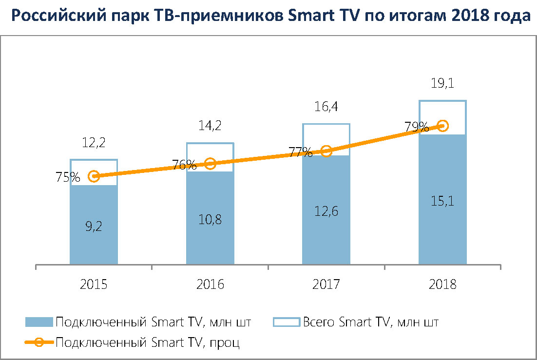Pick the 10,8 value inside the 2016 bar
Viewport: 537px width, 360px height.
(210, 219)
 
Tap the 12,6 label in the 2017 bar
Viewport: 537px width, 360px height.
(326, 211)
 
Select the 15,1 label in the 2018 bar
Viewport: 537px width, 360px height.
(442, 200)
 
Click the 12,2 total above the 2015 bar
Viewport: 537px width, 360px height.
(94, 143)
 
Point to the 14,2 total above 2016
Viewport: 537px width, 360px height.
(210, 126)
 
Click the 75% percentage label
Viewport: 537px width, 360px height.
(68, 177)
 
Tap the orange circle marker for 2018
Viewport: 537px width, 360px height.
(442, 126)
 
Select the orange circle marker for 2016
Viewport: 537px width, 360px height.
(210, 164)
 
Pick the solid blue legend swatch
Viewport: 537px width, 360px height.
(38, 322)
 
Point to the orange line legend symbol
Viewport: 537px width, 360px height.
(38, 342)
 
